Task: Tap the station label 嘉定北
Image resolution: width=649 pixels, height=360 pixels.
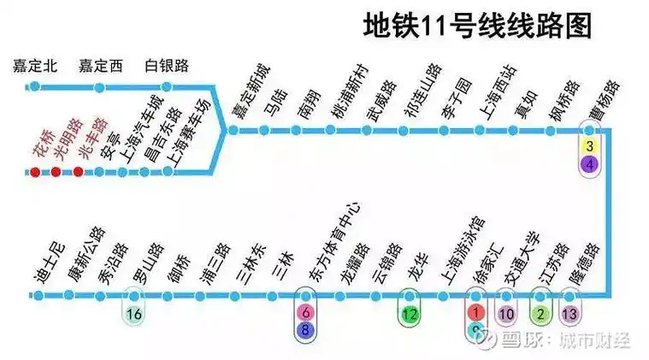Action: (x=34, y=66)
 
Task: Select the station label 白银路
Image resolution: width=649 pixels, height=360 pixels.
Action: (x=167, y=66)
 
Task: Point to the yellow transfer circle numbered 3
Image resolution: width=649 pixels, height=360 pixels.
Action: (x=588, y=146)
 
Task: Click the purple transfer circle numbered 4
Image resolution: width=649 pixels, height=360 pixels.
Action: (x=588, y=163)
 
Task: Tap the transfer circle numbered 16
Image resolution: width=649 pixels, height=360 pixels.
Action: (x=133, y=314)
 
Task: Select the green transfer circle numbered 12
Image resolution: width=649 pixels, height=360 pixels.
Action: (x=410, y=314)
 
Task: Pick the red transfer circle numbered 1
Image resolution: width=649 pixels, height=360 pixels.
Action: (x=476, y=314)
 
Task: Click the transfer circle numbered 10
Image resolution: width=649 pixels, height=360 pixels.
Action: (x=507, y=314)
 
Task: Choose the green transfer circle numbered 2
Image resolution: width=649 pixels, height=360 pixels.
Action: (x=540, y=314)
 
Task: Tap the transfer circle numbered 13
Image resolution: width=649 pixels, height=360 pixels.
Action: (x=570, y=314)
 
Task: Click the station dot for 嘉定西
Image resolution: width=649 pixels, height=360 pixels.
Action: (x=100, y=87)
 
